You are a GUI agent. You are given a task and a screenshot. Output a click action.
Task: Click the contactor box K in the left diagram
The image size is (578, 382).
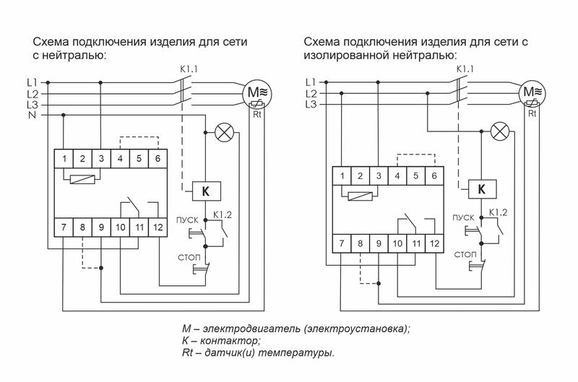pyautogui.click(x=205, y=191)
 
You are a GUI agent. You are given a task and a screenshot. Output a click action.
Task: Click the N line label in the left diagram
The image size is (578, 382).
pyautogui.click(x=32, y=115)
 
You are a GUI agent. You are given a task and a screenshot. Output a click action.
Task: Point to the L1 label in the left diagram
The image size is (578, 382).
pyautogui.click(x=32, y=82)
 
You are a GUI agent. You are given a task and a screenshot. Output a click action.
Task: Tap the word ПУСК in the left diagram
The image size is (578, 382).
pyautogui.click(x=183, y=218)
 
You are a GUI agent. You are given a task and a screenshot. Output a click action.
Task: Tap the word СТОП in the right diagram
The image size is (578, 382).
pyautogui.click(x=465, y=254)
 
